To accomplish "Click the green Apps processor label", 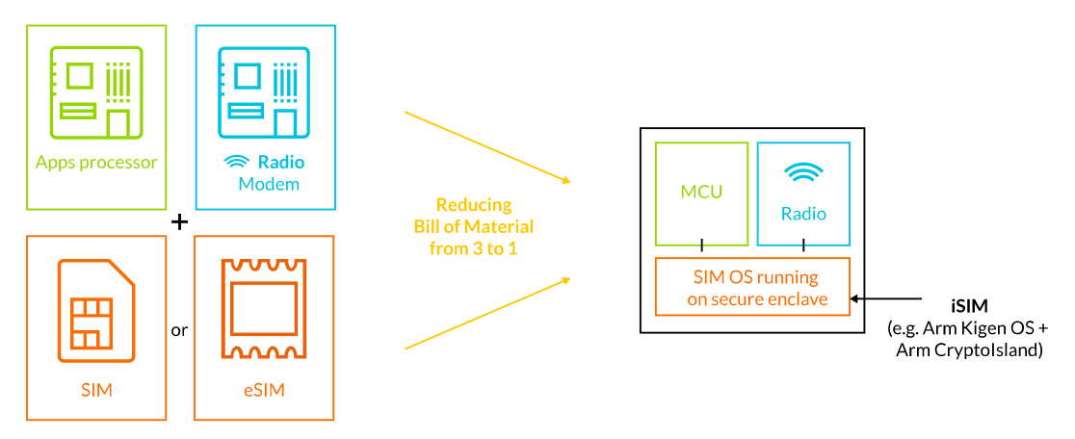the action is [x=96, y=163].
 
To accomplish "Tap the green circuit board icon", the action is [x=96, y=93].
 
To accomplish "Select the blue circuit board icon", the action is [x=264, y=93].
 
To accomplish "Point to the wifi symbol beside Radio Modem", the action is [x=238, y=163].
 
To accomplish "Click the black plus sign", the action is [x=179, y=222].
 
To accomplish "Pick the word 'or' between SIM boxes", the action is [x=179, y=330].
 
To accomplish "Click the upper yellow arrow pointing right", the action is [x=488, y=147].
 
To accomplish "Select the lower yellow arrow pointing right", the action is [x=488, y=313].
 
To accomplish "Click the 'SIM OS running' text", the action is [x=752, y=278].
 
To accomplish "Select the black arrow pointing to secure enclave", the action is [x=886, y=298].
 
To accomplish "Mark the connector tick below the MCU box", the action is [x=701, y=244].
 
